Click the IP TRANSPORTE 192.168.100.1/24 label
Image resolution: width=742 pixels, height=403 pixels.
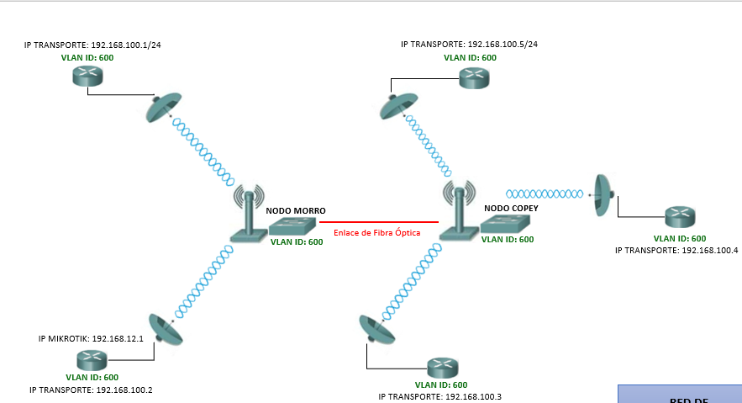pyautogui.click(x=92, y=45)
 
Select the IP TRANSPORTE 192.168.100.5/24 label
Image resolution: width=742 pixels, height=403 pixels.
pyautogui.click(x=469, y=45)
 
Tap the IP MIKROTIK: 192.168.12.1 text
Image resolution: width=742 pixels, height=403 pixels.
pyautogui.click(x=92, y=339)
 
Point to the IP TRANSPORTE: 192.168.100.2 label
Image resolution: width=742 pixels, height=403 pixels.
pyautogui.click(x=91, y=390)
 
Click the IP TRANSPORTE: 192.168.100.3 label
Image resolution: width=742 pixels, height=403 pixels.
pyautogui.click(x=440, y=396)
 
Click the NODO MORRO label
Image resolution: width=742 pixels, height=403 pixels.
pyautogui.click(x=296, y=210)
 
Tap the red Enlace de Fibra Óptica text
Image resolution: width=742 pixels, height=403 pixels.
pyautogui.click(x=376, y=232)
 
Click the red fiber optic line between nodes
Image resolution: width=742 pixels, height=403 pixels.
pyautogui.click(x=379, y=222)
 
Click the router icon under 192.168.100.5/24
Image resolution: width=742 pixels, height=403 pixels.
pyautogui.click(x=473, y=78)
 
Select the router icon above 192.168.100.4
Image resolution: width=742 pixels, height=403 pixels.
pyautogui.click(x=681, y=217)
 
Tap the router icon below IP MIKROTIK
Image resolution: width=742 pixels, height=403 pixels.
pyautogui.click(x=90, y=360)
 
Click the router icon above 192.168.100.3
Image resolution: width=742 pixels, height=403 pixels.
pyautogui.click(x=441, y=368)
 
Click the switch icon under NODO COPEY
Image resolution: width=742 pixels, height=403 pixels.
pyautogui.click(x=508, y=223)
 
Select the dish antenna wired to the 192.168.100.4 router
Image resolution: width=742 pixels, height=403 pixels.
pyautogui.click(x=603, y=195)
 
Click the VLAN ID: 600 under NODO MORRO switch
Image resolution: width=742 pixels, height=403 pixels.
pyautogui.click(x=296, y=242)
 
